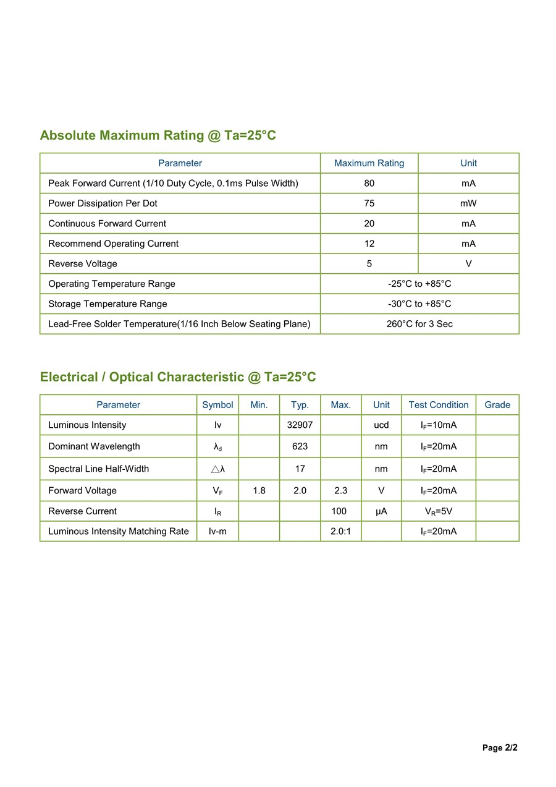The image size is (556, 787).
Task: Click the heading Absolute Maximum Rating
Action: click(x=158, y=135)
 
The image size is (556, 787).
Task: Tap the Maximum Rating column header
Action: click(x=369, y=163)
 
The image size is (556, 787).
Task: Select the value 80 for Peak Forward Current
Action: click(x=369, y=184)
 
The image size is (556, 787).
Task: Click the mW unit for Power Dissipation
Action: click(x=468, y=203)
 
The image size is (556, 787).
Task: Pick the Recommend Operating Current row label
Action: click(x=113, y=244)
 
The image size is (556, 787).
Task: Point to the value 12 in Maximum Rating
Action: click(x=369, y=244)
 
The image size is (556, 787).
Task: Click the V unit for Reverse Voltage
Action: click(x=468, y=264)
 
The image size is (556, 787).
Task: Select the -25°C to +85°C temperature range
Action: click(x=419, y=284)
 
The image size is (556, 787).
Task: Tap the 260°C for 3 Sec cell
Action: click(x=419, y=324)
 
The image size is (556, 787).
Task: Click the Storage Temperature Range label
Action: click(x=107, y=304)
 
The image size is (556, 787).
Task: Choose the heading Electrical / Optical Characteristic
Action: click(x=178, y=377)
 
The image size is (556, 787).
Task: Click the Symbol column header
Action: click(x=217, y=405)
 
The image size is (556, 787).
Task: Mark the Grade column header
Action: click(x=497, y=405)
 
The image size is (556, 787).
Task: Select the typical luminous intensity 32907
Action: click(x=300, y=425)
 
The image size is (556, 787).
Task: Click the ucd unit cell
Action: click(x=381, y=425)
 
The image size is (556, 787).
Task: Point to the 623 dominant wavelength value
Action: click(x=300, y=446)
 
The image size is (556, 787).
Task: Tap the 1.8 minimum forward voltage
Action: click(x=259, y=490)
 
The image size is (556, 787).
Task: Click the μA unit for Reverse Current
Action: click(x=381, y=511)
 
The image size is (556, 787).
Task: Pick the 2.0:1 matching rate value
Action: click(x=340, y=532)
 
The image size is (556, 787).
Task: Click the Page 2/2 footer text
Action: click(x=500, y=748)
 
